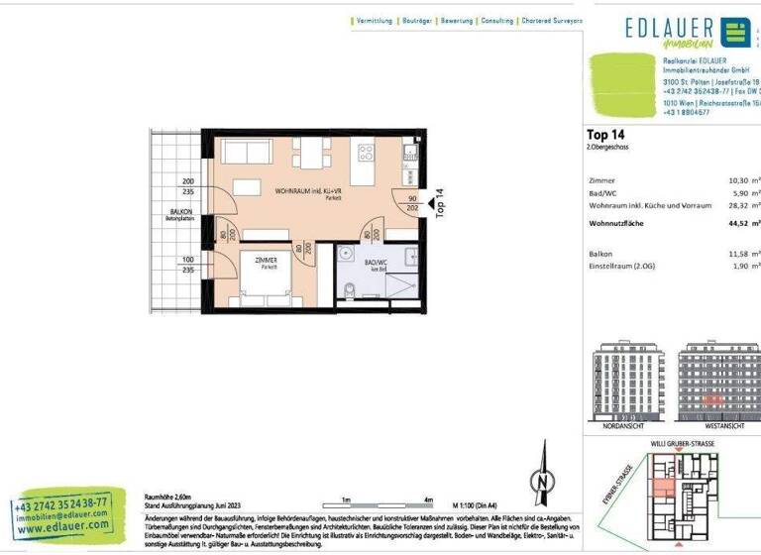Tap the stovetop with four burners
(x=366, y=153)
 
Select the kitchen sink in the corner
(x=408, y=155)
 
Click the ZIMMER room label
(x=267, y=261)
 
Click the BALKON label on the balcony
(x=179, y=212)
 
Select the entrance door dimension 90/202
(x=412, y=203)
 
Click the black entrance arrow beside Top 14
(x=430, y=205)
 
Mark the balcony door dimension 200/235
(x=188, y=187)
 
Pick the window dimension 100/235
(x=188, y=265)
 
